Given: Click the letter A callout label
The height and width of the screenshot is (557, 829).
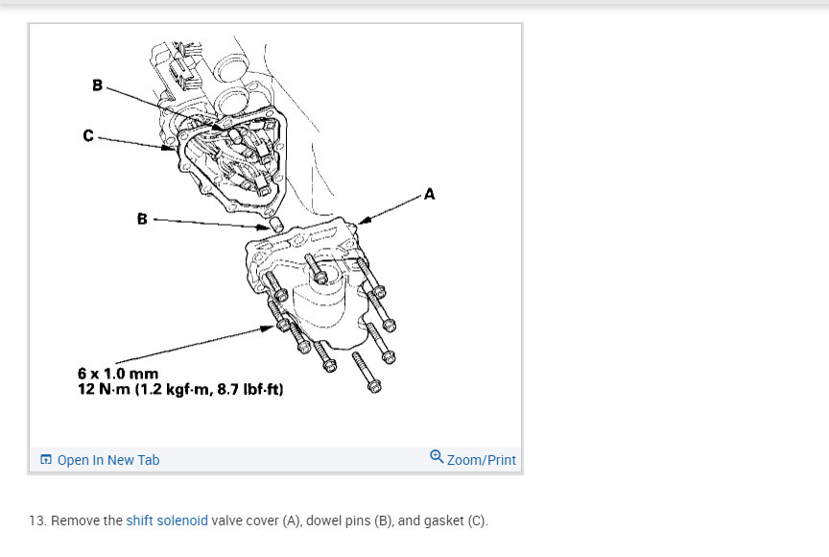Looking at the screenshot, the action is (429, 194).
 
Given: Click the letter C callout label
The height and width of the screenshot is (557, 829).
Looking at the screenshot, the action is (88, 136).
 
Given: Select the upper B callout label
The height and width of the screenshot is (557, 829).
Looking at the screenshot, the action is (97, 85).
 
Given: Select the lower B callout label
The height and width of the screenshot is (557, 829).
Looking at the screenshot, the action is (142, 219).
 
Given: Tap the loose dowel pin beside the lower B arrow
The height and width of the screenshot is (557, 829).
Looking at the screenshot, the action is (277, 225).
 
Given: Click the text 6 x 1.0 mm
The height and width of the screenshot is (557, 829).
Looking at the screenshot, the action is (118, 374).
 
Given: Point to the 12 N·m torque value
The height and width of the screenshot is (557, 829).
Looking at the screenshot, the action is (104, 389).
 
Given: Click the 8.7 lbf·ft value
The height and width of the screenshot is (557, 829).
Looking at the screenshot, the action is (250, 389).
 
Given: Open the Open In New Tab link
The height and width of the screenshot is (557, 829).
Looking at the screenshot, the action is (107, 460).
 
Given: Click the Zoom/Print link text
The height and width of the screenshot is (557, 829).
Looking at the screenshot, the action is (481, 460).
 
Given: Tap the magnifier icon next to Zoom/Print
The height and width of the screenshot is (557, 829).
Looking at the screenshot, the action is (437, 456).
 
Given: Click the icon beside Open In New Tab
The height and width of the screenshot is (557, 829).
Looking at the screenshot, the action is (46, 459).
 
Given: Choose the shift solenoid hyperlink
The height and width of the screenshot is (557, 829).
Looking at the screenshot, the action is (167, 521).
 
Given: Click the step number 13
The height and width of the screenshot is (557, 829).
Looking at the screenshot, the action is (37, 521).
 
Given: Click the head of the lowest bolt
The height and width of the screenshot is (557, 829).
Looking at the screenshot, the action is (374, 387).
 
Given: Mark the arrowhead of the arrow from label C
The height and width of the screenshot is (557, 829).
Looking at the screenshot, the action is (169, 148).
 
